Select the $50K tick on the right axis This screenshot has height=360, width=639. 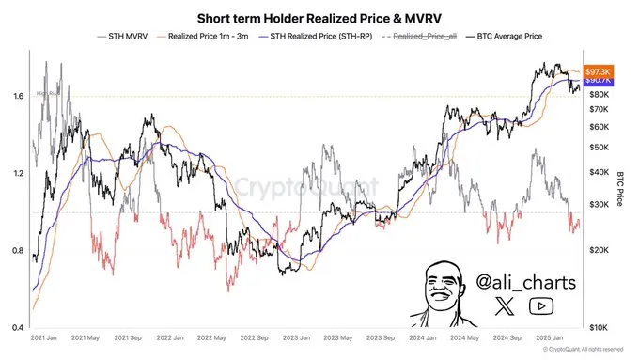(x=598, y=148)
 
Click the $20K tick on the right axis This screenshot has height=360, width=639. (x=598, y=249)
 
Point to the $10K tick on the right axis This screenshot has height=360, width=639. (x=598, y=328)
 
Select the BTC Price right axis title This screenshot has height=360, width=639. (x=621, y=188)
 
